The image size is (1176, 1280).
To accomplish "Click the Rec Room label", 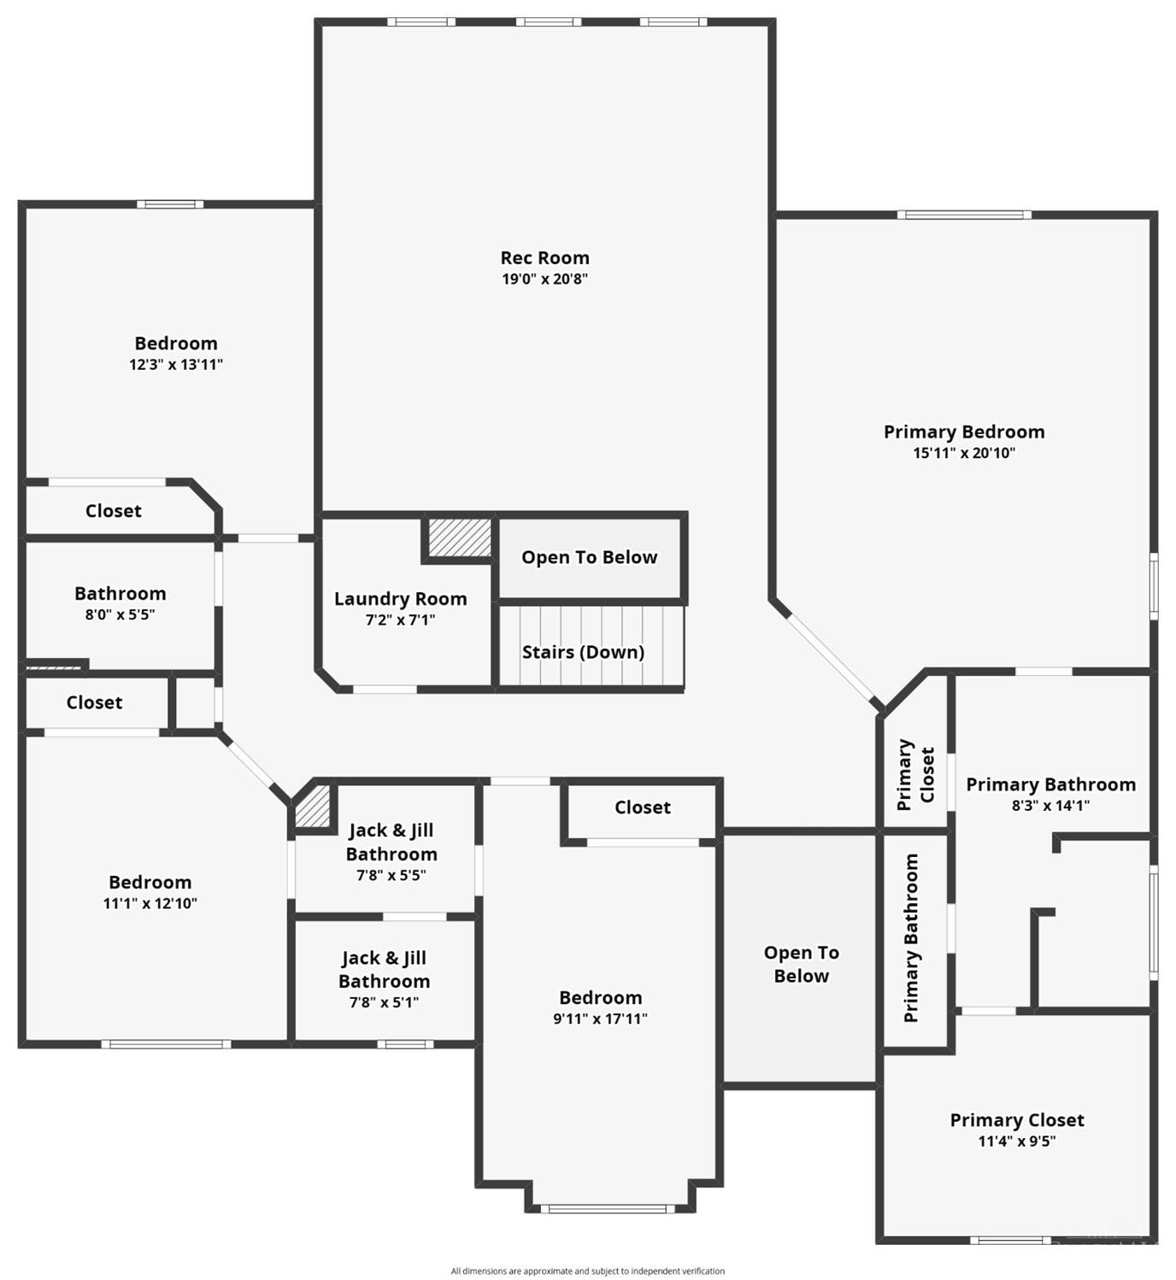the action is (x=544, y=258).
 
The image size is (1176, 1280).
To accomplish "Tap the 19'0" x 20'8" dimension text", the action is (x=544, y=279).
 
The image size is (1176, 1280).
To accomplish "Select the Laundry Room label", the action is (x=400, y=599).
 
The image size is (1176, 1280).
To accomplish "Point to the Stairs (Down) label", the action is (x=583, y=652).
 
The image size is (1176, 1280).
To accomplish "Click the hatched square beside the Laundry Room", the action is (x=460, y=537).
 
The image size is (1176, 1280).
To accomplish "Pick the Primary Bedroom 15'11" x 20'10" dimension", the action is (x=964, y=453).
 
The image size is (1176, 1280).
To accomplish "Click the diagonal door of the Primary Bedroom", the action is (x=830, y=657).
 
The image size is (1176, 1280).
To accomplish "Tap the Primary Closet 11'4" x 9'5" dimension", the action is (x=1017, y=1141).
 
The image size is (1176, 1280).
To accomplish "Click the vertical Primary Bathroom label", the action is (x=911, y=938).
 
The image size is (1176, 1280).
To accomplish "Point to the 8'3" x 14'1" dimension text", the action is (x=1051, y=805).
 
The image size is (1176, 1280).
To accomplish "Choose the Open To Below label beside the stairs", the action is (x=589, y=557).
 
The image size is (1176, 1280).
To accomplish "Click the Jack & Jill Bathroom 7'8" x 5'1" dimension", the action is (x=385, y=1001).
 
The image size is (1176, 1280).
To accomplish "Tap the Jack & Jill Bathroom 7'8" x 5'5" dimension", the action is (x=391, y=875).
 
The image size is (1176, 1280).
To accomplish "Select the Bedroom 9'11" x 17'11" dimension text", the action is (x=600, y=1019).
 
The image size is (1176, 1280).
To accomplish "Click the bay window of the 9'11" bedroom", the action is (x=609, y=1208).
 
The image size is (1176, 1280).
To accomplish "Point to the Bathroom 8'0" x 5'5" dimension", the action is (x=120, y=614).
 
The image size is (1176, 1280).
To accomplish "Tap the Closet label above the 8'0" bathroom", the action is (x=114, y=511).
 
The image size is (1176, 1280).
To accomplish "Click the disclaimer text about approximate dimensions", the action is (x=588, y=1271).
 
